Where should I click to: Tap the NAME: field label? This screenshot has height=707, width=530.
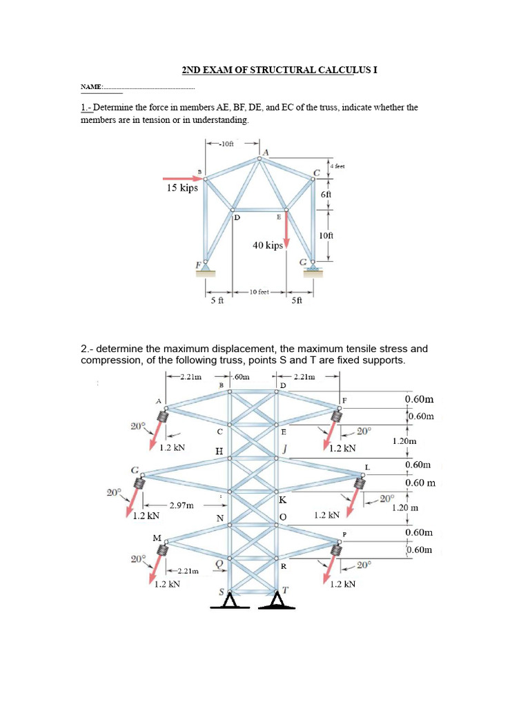[91, 87]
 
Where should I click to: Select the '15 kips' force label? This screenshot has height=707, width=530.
[181, 187]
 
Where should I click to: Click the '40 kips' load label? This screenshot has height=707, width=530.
[268, 245]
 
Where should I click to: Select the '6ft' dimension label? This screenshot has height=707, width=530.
[326, 195]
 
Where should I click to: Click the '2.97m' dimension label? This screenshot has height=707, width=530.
[181, 505]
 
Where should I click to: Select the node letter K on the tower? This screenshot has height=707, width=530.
[282, 499]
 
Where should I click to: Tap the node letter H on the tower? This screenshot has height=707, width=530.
[219, 451]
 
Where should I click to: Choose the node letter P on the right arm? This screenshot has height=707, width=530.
[344, 535]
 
